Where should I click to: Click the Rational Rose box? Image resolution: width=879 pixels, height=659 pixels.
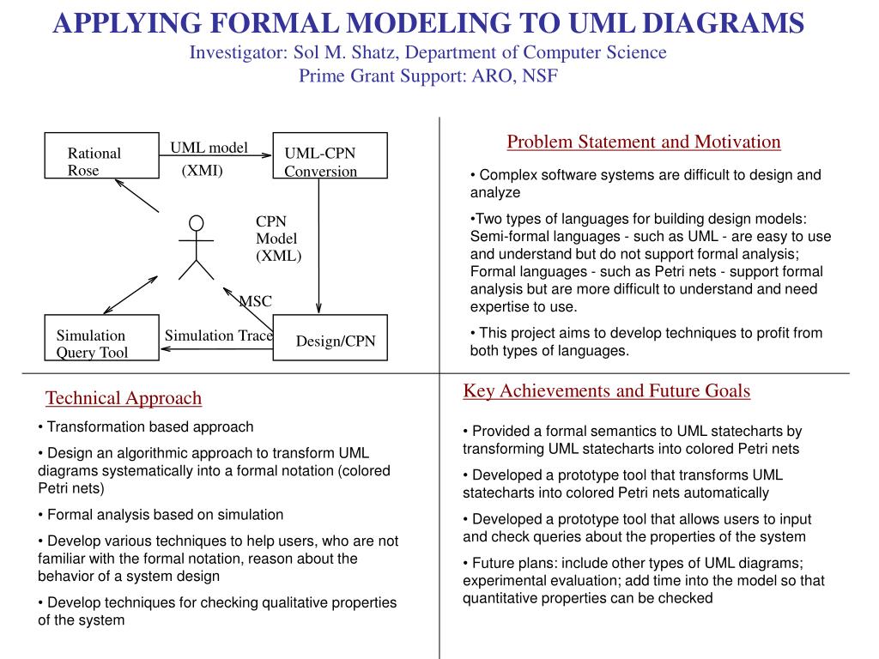pyautogui.click(x=101, y=155)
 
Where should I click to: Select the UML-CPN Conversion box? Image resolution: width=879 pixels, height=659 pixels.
pyautogui.click(x=330, y=155)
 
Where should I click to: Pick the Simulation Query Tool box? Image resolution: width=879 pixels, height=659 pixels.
pyautogui.click(x=101, y=339)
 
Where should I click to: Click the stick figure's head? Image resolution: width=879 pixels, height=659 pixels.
pyautogui.click(x=196, y=223)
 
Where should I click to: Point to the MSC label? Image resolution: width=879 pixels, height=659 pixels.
pyautogui.click(x=255, y=301)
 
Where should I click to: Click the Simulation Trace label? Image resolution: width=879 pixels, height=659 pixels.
pyautogui.click(x=218, y=336)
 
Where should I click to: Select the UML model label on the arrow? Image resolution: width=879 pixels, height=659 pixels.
pyautogui.click(x=209, y=148)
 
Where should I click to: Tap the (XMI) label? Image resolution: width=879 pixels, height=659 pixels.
pyautogui.click(x=202, y=170)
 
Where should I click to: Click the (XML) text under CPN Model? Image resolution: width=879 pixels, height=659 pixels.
pyautogui.click(x=278, y=256)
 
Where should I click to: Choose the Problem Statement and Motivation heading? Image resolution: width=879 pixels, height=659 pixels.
pyautogui.click(x=644, y=142)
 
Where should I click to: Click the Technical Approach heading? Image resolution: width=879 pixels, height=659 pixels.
pyautogui.click(x=124, y=398)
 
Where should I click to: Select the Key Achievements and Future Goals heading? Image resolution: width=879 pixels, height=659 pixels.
pyautogui.click(x=607, y=391)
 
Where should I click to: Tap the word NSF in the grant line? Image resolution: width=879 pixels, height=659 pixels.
pyautogui.click(x=539, y=76)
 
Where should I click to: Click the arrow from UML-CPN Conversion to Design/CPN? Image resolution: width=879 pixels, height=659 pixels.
pyautogui.click(x=319, y=249)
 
